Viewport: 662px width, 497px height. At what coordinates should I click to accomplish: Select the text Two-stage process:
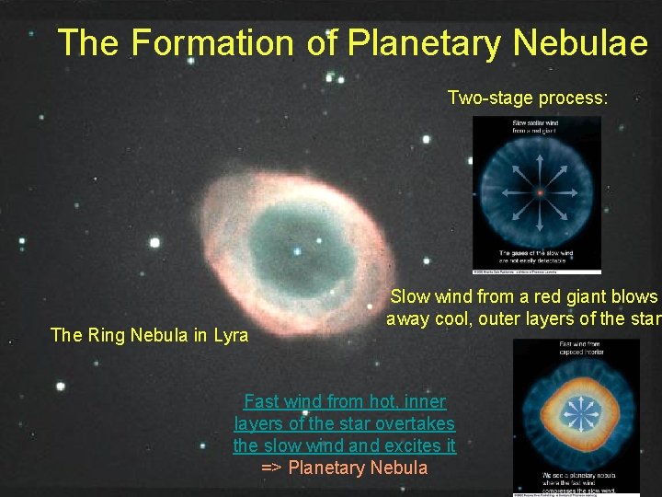(x=527, y=98)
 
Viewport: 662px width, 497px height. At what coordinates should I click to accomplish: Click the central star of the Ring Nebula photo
(x=296, y=250)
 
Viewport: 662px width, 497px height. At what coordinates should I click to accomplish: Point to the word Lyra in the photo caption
(x=229, y=336)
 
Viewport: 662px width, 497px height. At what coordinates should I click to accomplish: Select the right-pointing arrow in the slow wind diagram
(x=563, y=193)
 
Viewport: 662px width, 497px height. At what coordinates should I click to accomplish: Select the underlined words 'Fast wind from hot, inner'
(x=345, y=402)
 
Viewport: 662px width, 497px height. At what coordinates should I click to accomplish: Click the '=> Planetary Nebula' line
(x=345, y=468)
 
